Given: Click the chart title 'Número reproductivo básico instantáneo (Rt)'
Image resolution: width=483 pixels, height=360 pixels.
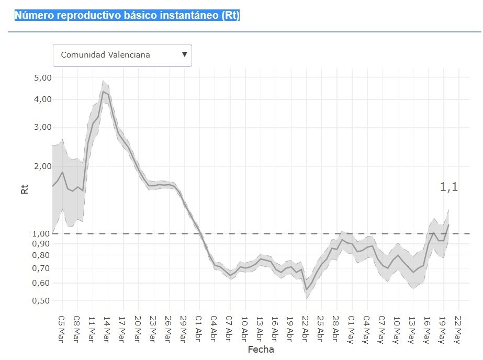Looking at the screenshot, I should (127, 15).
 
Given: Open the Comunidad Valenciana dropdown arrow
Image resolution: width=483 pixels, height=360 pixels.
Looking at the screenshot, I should (184, 54).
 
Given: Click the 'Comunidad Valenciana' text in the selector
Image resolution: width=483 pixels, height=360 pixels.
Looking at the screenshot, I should (105, 55).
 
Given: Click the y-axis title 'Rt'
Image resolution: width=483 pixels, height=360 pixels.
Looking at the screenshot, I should (24, 188).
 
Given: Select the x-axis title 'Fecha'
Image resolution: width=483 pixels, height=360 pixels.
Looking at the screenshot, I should (261, 349).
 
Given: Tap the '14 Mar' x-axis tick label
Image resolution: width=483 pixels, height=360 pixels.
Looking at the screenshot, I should (107, 327).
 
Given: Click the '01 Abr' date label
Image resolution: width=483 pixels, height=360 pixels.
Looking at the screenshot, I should (199, 327).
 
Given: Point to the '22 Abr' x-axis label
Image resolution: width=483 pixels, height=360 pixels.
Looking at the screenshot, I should (306, 327).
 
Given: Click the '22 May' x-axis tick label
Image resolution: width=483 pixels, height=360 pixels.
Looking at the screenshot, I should (458, 327).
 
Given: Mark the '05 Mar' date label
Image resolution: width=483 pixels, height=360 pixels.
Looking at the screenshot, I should (61, 327).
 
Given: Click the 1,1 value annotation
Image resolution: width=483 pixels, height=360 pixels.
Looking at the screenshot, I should (448, 187).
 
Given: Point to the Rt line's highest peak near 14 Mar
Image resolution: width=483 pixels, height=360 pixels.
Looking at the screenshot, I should (104, 92).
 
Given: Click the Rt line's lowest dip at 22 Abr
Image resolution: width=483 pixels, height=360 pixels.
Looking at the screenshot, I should (306, 289).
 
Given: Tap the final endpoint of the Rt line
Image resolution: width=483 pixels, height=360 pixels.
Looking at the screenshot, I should (448, 224).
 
